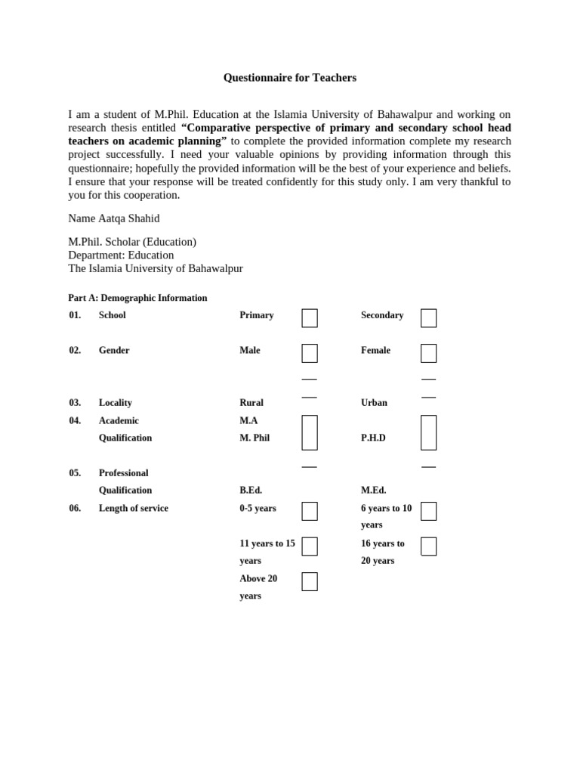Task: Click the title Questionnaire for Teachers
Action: pyautogui.click(x=289, y=78)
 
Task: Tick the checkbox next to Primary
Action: pyautogui.click(x=310, y=318)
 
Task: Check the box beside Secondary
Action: pyautogui.click(x=428, y=318)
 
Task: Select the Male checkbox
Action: pyautogui.click(x=310, y=353)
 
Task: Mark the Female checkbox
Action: pyautogui.click(x=428, y=353)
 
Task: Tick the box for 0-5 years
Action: pyautogui.click(x=310, y=511)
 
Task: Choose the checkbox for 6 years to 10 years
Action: pyautogui.click(x=428, y=511)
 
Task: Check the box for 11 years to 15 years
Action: pyautogui.click(x=310, y=546)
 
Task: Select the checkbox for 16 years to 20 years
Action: pyautogui.click(x=428, y=546)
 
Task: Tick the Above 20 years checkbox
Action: pyautogui.click(x=310, y=581)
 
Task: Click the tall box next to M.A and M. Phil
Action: pyautogui.click(x=310, y=432)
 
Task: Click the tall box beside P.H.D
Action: pyautogui.click(x=428, y=432)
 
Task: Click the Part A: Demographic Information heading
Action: pyautogui.click(x=137, y=298)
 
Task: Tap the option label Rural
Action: pyautogui.click(x=251, y=403)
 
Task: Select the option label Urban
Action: pyautogui.click(x=374, y=403)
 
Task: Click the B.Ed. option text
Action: pyautogui.click(x=251, y=491)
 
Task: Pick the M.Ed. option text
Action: pyautogui.click(x=373, y=491)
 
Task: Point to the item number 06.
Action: pyautogui.click(x=75, y=509)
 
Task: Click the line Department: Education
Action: pyautogui.click(x=121, y=255)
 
